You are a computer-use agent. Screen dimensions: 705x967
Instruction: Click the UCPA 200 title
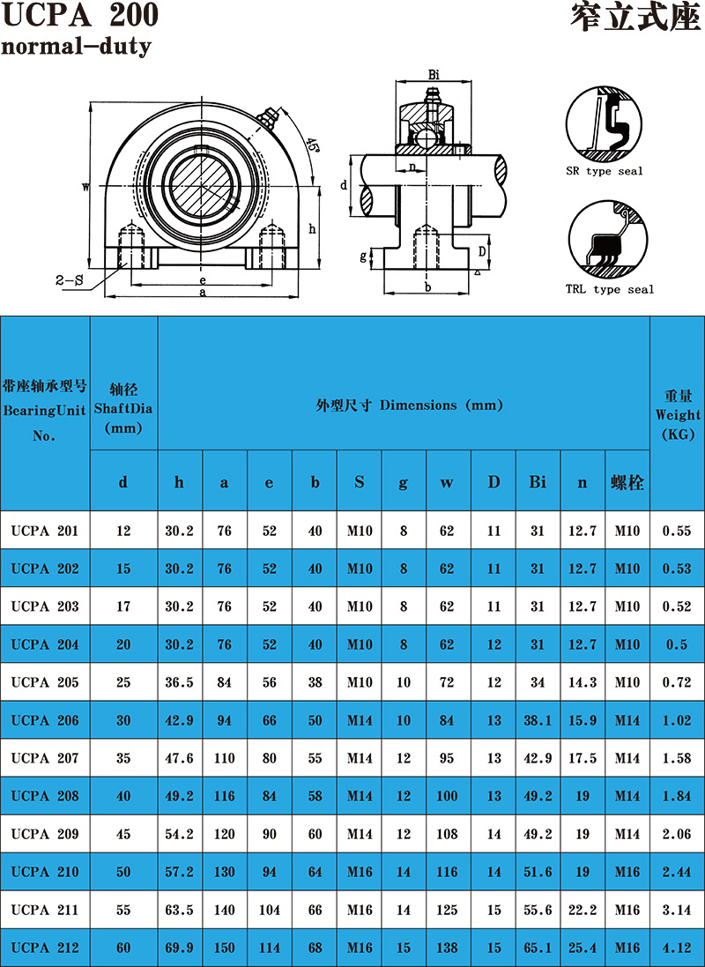[x=79, y=15]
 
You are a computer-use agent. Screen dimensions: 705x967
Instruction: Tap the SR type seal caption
[x=604, y=171]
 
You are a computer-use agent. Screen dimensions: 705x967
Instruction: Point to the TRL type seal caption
[x=610, y=288]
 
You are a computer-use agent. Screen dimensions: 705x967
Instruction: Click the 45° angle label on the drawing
[x=314, y=145]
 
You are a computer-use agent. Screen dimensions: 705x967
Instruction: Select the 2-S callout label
[x=69, y=280]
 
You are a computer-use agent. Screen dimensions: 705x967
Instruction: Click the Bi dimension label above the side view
[x=434, y=75]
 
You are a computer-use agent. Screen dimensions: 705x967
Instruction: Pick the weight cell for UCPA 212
[x=677, y=948]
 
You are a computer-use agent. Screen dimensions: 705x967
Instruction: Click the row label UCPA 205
[x=45, y=682]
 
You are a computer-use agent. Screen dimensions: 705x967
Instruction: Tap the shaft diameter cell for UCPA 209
[x=123, y=834]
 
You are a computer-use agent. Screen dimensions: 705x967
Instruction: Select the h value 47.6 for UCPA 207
[x=180, y=758]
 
